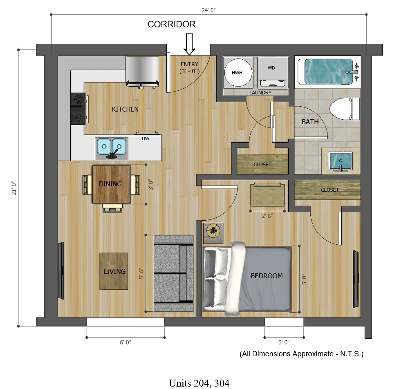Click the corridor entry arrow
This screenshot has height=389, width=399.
pos(189,44)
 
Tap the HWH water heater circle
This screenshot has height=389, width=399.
pos(238,73)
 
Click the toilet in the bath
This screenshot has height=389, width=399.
pos(345,109)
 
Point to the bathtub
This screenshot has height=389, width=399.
pos(328,72)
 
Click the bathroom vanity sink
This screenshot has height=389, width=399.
pos(341,161)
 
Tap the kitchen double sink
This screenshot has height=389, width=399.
pos(112,148)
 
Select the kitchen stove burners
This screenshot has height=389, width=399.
pos(78,109)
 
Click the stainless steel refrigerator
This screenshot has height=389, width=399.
pos(143,72)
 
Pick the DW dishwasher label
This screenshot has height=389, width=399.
pos(146,139)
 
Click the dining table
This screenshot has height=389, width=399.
pos(111,184)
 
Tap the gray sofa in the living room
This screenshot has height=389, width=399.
pos(174,273)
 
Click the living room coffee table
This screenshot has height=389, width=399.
pos(114,271)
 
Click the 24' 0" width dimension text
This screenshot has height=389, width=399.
pos(208,10)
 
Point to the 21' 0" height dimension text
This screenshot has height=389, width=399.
pos(14,188)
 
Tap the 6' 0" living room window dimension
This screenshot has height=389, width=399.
pos(126,342)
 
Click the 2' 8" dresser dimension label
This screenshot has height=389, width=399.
pos(267,216)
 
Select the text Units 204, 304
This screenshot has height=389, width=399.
pos(199,383)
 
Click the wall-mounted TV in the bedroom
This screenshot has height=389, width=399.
pos(356,279)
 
